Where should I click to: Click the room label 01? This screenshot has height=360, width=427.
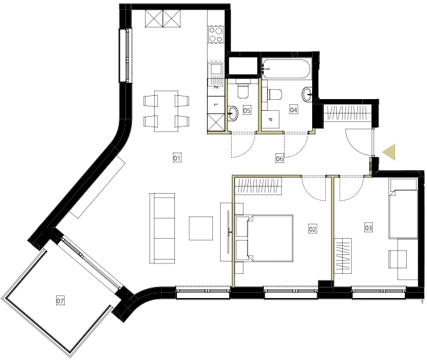177,158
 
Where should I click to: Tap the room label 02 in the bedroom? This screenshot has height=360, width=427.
312,228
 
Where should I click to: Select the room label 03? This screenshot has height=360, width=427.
368,228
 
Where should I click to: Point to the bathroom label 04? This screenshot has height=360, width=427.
293,110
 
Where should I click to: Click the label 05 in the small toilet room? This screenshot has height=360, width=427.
247,110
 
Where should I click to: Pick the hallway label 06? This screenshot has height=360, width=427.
279,158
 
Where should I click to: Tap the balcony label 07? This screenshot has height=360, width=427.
60,301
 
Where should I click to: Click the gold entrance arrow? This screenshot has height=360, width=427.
389,152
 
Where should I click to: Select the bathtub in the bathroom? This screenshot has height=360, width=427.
286,69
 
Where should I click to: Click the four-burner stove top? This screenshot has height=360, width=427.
216,35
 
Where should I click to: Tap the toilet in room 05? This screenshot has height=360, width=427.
243,89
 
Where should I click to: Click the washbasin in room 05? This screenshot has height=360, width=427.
233,113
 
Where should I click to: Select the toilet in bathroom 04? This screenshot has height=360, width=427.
275,95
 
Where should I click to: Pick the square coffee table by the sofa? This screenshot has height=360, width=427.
201,228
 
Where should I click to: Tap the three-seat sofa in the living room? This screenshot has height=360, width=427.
163,228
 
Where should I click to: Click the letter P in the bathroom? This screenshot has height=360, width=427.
270,119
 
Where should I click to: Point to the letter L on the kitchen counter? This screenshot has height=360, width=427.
215,105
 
